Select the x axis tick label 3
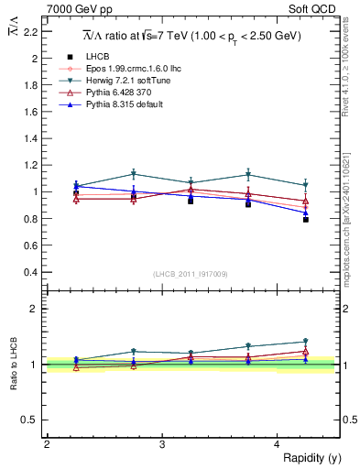162,443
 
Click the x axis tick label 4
278,443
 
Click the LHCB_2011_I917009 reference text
191,274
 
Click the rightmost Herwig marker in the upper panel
306,185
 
